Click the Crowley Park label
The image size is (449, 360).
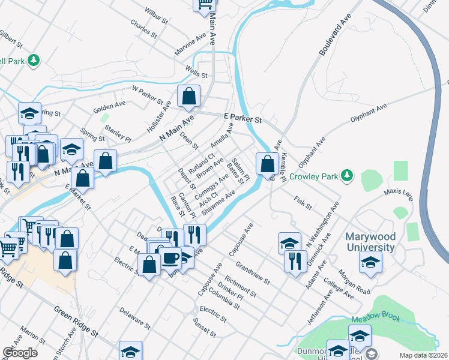point(314,176)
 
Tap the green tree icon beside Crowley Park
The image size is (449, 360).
point(346,175)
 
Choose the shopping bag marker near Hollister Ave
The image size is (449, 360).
point(188,96)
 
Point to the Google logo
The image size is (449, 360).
point(20,352)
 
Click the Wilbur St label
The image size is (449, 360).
point(156,15)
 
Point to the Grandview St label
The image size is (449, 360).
point(253,272)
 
